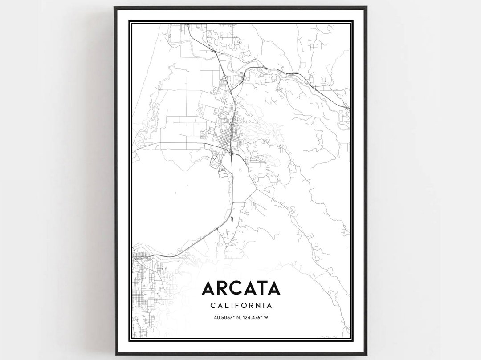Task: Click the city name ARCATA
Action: pyautogui.click(x=241, y=288)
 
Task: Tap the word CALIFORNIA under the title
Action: pyautogui.click(x=241, y=306)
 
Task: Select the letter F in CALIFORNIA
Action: pyautogui.click(x=236, y=306)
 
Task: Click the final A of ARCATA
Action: pyautogui.click(x=273, y=288)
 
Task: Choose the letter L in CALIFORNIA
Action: pyautogui.click(x=226, y=306)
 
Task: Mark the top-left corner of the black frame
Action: pyautogui.click(x=114, y=7)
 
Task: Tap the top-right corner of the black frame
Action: pyautogui.click(x=366, y=7)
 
